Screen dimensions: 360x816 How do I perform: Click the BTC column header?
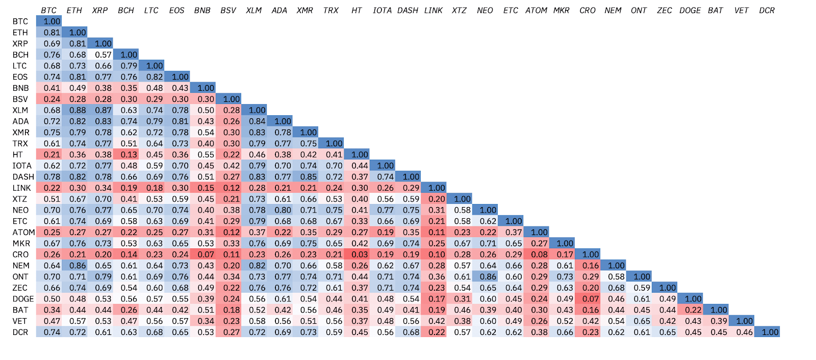(49, 10)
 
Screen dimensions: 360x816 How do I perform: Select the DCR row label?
(21, 332)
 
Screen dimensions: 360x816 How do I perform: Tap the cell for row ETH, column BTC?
(52, 32)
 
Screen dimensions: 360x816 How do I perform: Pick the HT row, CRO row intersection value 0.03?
(360, 254)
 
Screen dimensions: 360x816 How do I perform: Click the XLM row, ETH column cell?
(78, 110)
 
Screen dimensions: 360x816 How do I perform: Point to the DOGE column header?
(690, 10)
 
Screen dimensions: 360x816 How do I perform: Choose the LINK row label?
(21, 188)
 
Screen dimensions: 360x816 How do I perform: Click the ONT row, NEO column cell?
(488, 276)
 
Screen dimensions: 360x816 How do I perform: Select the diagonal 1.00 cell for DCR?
(770, 332)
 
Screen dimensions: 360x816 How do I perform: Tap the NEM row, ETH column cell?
(78, 265)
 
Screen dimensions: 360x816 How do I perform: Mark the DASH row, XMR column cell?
(308, 176)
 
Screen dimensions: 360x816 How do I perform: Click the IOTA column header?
(382, 10)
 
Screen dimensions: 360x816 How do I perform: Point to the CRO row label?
(21, 254)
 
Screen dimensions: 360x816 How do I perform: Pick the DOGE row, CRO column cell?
(591, 299)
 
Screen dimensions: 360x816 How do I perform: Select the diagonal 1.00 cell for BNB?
(206, 88)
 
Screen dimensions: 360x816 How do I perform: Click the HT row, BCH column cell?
(129, 155)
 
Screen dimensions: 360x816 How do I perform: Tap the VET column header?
(742, 10)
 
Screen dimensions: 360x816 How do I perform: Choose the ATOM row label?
(23, 232)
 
